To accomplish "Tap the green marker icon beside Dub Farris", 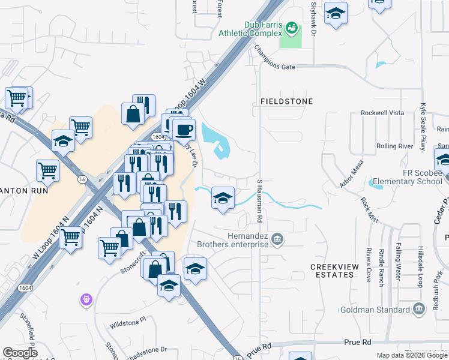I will tap(291, 27).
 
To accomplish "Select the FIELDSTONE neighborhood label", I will tap(286, 101).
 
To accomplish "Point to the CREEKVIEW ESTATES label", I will tap(333, 270).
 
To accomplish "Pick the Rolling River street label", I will tap(394, 146).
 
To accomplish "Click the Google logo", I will tap(20, 353).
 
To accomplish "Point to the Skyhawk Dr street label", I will tap(313, 18).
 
